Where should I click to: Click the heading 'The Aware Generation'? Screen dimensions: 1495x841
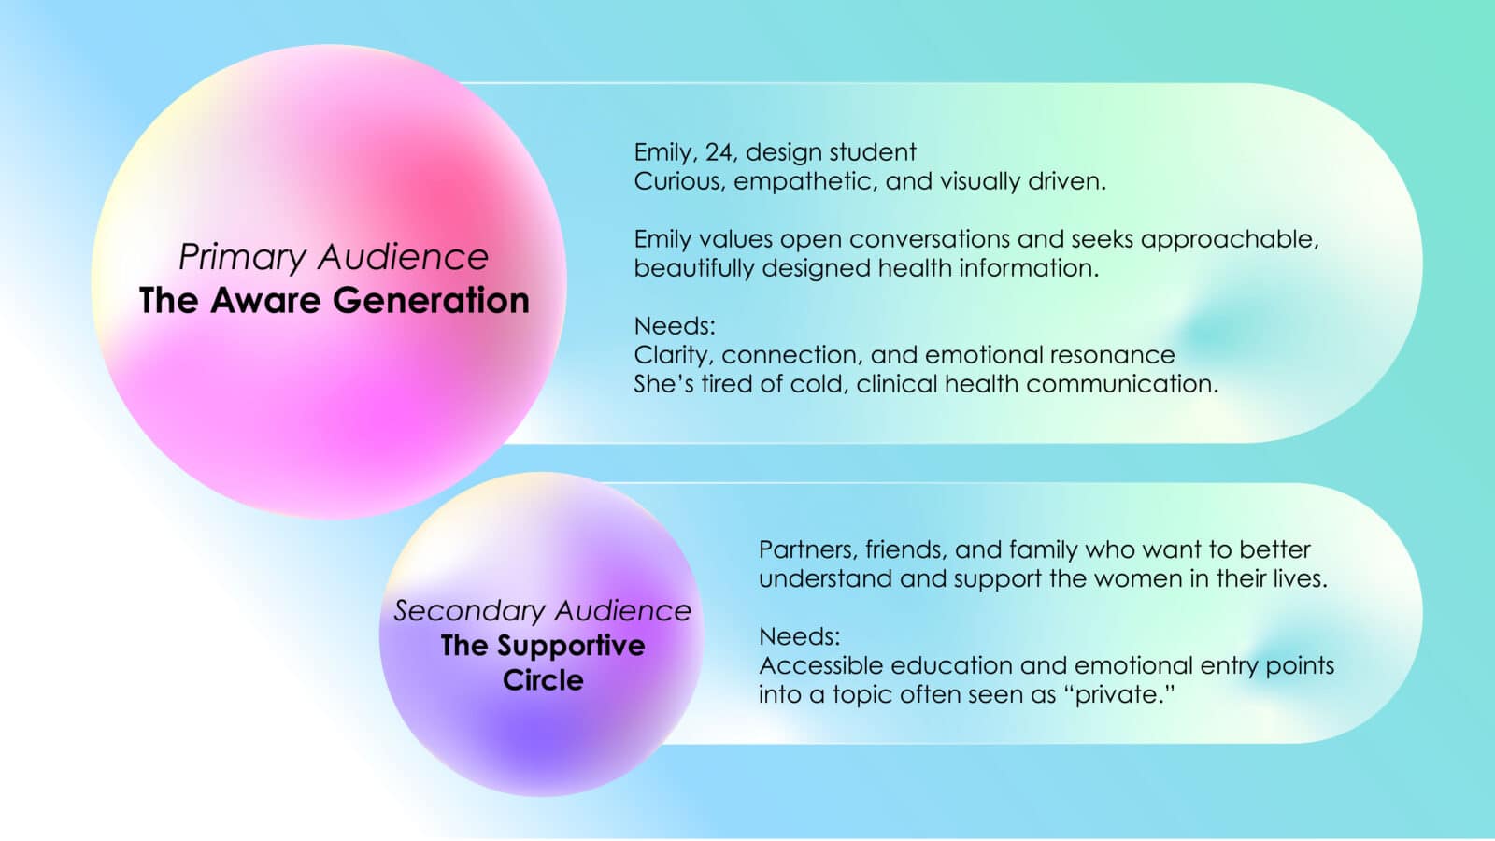tap(335, 300)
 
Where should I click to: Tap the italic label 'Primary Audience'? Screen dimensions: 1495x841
tap(333, 257)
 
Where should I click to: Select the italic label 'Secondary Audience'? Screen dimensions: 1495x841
tap(542, 611)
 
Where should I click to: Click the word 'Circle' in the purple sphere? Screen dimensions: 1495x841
tap(543, 680)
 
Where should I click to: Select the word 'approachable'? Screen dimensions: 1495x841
tap(1230, 240)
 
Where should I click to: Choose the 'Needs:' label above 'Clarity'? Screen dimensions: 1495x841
tap(674, 326)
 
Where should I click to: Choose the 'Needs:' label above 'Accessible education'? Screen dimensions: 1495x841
tap(799, 636)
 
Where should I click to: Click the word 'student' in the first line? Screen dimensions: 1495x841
tap(873, 152)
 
